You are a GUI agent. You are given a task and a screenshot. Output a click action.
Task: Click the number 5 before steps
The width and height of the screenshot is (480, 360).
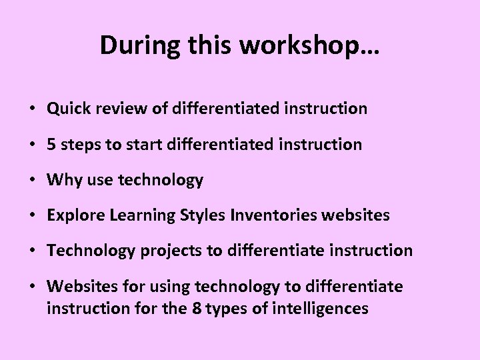(x=51, y=144)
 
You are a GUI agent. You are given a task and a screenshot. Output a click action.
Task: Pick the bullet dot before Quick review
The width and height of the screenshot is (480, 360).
(x=32, y=109)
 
